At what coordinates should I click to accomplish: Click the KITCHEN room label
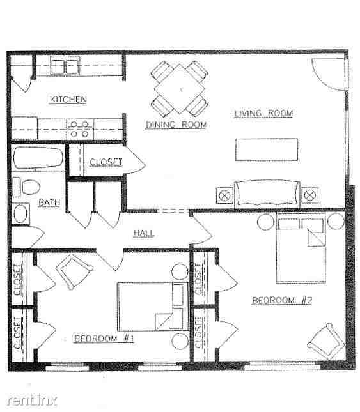(x=68, y=99)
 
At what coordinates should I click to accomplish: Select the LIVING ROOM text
(x=263, y=113)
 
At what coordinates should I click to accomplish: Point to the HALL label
(x=143, y=233)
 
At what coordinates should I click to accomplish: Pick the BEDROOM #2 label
(x=281, y=300)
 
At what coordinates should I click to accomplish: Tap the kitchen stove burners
(x=80, y=129)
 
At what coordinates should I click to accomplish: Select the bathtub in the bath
(x=38, y=158)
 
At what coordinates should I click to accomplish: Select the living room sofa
(x=267, y=192)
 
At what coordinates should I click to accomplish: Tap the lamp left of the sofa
(x=224, y=194)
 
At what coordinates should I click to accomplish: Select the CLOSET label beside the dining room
(x=106, y=162)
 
